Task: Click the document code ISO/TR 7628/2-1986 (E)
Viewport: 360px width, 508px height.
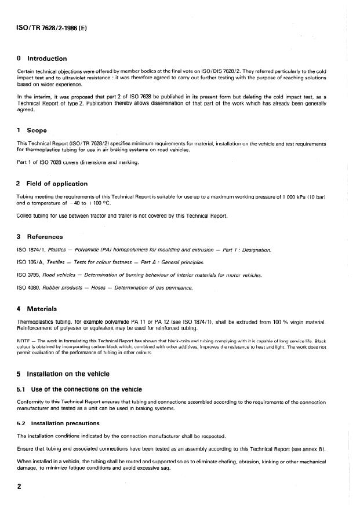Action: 52,28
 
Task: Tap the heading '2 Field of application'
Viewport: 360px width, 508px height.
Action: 52,184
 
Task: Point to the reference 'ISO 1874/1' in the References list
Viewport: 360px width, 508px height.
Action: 30,250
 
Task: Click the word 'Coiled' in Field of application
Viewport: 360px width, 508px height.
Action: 26,216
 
